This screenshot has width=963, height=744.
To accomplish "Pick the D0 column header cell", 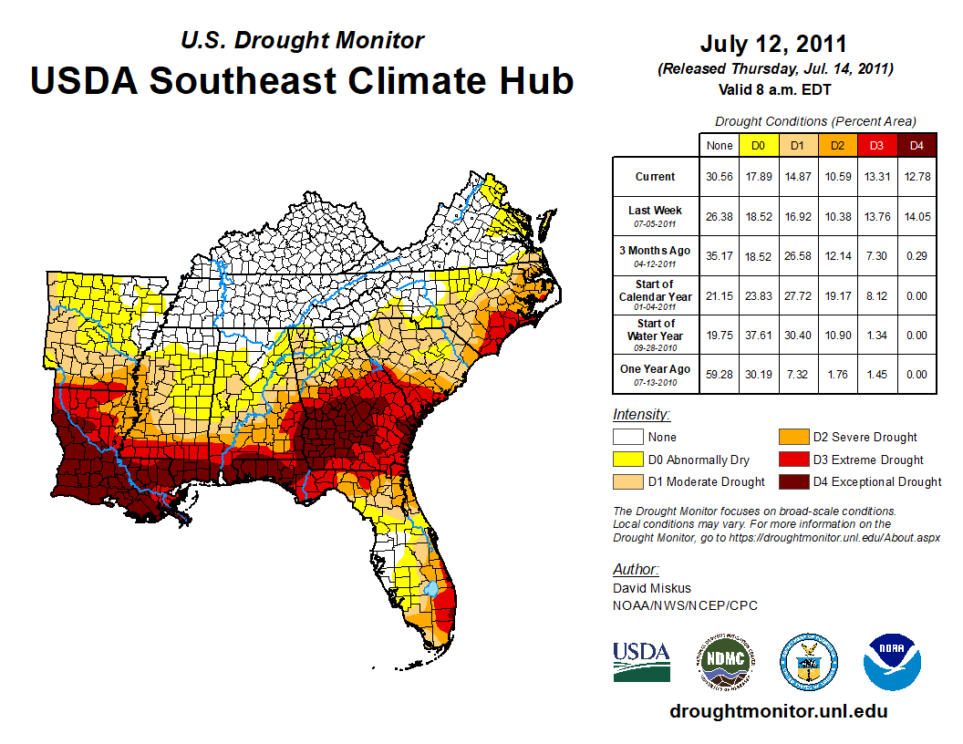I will (x=758, y=145).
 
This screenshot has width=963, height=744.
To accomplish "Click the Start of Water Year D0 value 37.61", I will (x=758, y=335).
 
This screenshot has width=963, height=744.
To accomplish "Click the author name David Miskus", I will (x=651, y=588).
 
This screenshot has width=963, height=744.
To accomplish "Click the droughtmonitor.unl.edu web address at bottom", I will (x=778, y=711).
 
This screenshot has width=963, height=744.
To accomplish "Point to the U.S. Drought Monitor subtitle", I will (x=302, y=40).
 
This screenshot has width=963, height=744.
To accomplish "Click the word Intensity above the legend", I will (x=641, y=414).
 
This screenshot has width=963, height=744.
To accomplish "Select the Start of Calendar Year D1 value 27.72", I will (x=797, y=295).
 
